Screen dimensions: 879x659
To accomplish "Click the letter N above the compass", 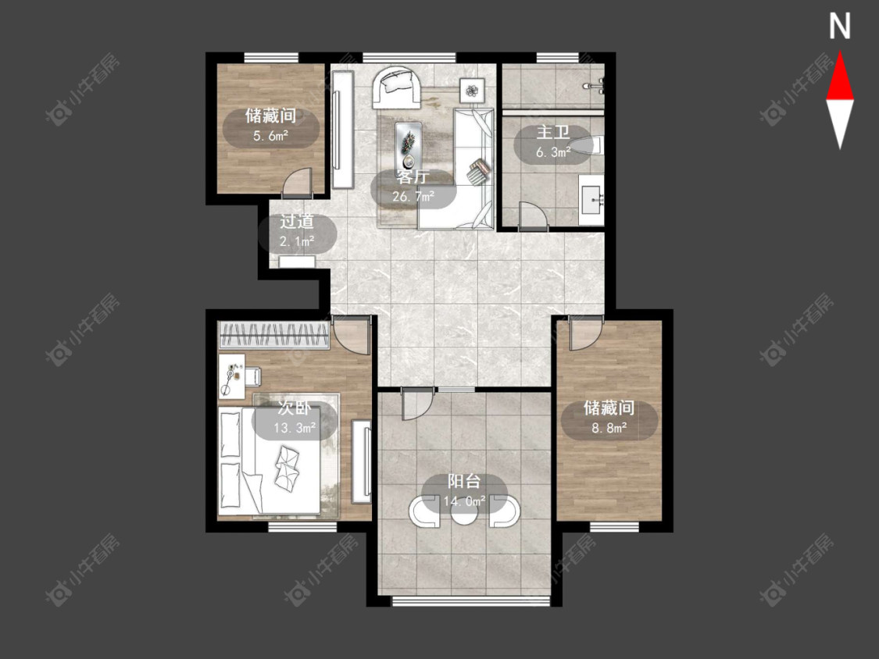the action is click(839, 27).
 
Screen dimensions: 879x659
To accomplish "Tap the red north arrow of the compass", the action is click(840, 77).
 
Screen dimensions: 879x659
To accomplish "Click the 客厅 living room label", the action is click(413, 176).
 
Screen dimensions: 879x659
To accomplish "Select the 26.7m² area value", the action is click(413, 196).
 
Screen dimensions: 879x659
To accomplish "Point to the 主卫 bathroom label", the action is click(552, 132).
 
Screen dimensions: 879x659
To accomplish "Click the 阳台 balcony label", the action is click(464, 481).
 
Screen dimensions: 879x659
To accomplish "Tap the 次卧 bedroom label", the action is click(295, 408).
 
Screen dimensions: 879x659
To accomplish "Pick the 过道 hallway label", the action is click(297, 221).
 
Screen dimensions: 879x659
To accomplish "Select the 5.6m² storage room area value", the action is click(271, 135).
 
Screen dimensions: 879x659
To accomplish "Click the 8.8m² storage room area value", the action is click(609, 428).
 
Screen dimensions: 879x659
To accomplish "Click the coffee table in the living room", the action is click(409, 144).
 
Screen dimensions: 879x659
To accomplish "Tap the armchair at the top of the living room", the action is click(397, 87).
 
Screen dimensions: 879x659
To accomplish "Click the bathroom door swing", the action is click(534, 216).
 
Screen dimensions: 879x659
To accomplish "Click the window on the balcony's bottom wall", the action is click(471, 601).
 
